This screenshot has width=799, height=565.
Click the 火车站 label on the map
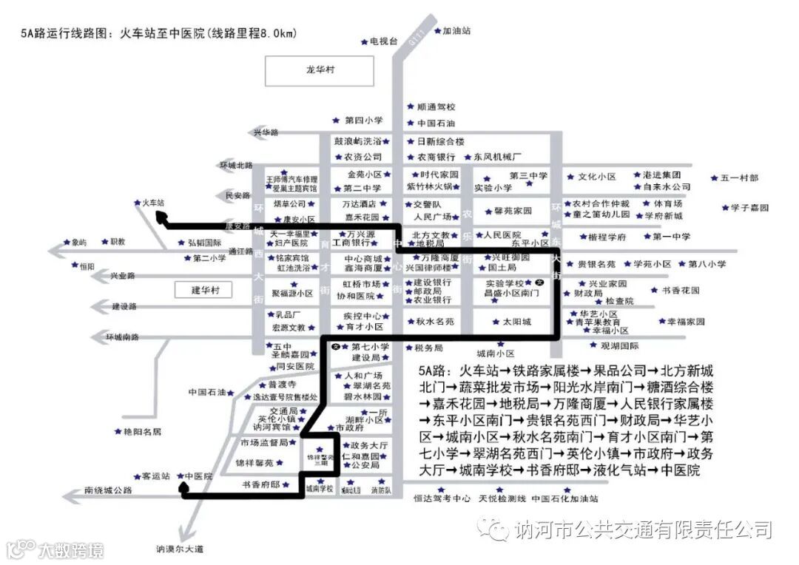(153, 201)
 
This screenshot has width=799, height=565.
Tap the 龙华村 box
(320, 70)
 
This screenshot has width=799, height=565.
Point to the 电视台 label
(384, 41)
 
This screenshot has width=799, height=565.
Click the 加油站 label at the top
(456, 31)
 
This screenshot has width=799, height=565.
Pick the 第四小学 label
(363, 120)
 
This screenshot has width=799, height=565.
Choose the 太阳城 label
(516, 322)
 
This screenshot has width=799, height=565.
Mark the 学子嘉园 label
(749, 208)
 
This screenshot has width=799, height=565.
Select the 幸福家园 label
(686, 322)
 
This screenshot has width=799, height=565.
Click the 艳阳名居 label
(142, 431)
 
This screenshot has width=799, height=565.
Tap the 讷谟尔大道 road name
(179, 548)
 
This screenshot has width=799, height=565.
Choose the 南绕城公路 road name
(108, 490)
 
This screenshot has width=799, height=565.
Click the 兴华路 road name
(266, 132)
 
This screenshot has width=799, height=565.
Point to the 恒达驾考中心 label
(442, 498)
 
